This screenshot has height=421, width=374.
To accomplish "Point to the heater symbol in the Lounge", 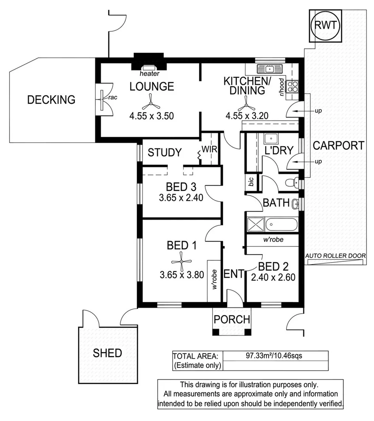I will point(149,68).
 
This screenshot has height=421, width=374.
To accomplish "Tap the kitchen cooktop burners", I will point(292,86).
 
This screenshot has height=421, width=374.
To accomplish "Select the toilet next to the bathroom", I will point(292,183).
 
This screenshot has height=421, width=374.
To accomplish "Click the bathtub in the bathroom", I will point(281,225).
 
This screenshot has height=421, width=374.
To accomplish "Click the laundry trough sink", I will point(271,139).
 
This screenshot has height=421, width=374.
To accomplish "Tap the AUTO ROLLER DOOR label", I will point(335,256).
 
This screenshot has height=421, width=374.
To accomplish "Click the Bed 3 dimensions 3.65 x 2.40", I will point(181,198).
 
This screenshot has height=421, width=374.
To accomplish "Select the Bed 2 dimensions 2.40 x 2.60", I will point(273,277).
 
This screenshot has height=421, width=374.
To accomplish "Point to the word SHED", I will point(107,353).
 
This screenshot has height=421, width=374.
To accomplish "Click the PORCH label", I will point(232,319).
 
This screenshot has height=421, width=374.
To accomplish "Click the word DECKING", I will point(51,100).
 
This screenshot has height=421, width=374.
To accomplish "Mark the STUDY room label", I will point(165,152).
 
